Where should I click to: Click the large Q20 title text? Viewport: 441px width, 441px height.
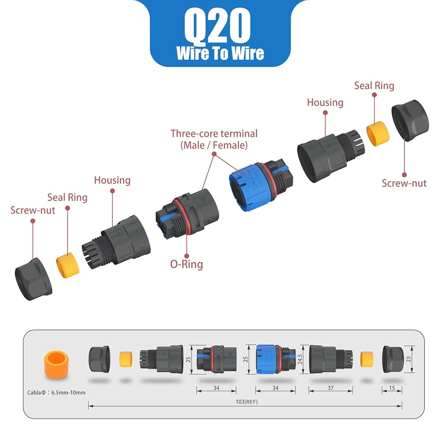217,26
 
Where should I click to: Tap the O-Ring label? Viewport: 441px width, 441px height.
187,264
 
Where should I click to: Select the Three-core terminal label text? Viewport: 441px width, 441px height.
214,139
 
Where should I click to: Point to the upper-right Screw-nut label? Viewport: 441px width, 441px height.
404,183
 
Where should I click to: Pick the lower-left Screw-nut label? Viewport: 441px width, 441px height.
33,210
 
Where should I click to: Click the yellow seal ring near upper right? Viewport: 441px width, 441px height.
378,134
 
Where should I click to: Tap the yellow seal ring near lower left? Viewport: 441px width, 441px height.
67,265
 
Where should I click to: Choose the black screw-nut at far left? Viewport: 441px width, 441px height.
34,279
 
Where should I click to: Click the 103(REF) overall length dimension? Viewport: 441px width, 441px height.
247,402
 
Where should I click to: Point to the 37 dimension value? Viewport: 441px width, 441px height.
331,388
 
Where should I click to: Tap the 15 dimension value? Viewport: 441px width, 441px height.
392,388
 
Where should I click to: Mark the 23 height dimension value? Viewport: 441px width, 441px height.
408,359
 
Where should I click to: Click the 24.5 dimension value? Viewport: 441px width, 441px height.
300,359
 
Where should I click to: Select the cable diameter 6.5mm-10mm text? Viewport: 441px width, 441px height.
56,392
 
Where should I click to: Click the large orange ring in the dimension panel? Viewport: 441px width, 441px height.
56,365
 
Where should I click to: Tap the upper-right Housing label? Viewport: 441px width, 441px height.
325,103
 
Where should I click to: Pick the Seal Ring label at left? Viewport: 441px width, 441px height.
67,198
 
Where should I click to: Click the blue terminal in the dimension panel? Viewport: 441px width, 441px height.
276,359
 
